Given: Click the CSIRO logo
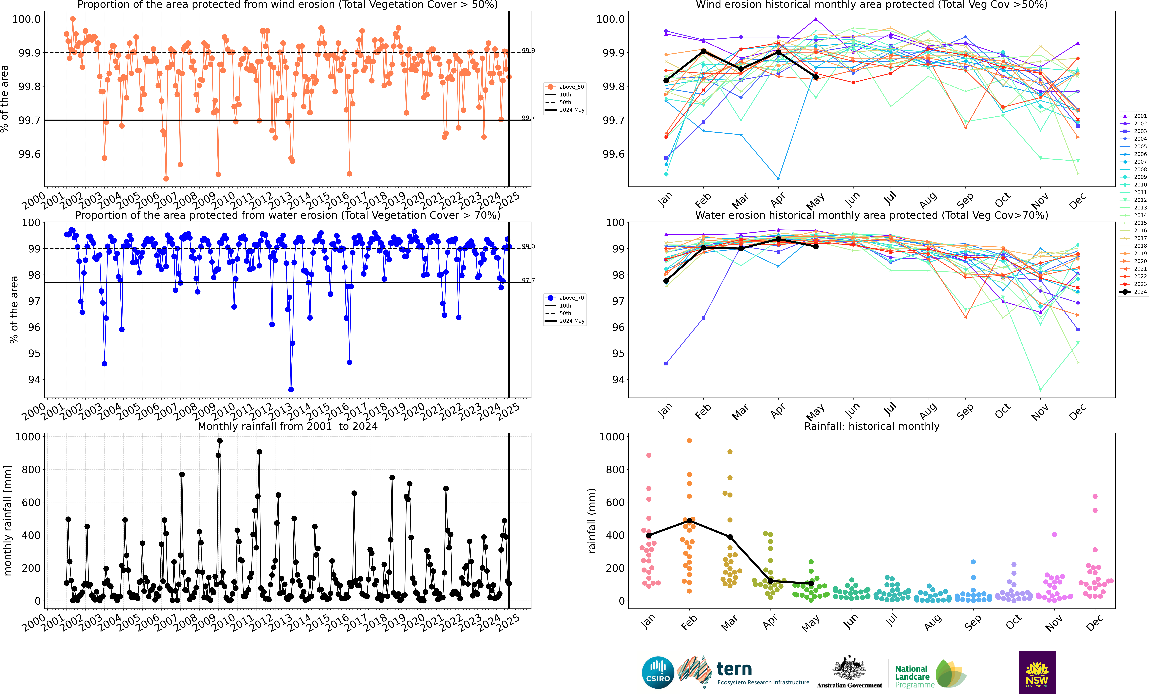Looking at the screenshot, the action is (658, 673).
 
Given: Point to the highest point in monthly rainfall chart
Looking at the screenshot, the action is (220, 441).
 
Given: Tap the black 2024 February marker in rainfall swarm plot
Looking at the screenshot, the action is (689, 520).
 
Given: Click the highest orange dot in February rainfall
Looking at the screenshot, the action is (689, 441).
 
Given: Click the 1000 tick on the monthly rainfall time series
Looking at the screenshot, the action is (28, 437).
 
